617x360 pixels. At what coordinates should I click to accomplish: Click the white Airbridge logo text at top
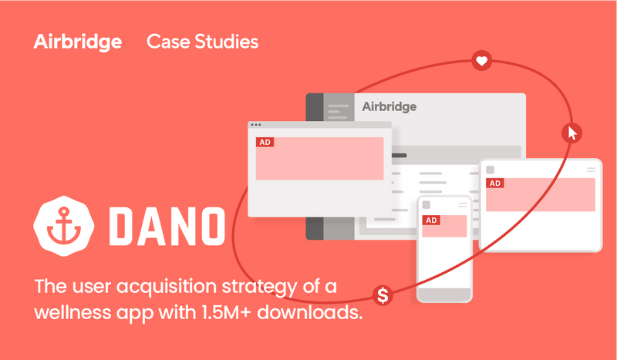(77, 42)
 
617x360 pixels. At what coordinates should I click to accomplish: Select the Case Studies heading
(202, 42)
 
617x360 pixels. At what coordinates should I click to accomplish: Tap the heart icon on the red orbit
(482, 60)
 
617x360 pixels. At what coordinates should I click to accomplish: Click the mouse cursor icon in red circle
(571, 133)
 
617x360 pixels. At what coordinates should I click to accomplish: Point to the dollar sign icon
(383, 294)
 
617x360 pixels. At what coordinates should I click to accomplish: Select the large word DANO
(167, 224)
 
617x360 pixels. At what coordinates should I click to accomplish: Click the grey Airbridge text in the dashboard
(389, 106)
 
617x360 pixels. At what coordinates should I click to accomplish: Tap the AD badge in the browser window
(265, 143)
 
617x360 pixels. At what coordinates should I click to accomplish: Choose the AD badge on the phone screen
(432, 220)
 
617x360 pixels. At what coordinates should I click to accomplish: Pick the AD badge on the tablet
(494, 183)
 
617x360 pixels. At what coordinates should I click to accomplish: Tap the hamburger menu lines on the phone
(462, 204)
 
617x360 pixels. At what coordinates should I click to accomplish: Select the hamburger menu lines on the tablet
(591, 169)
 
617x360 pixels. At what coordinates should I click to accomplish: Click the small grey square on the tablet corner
(490, 169)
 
